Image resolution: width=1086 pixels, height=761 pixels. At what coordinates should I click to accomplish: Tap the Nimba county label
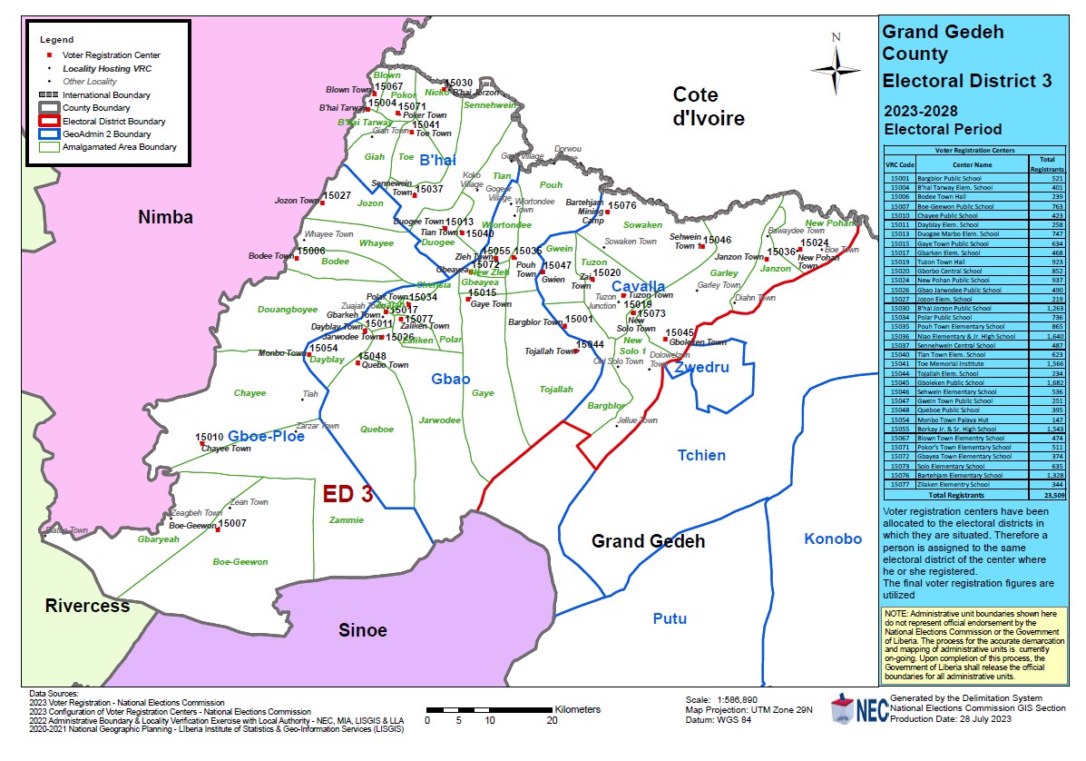tap(166, 217)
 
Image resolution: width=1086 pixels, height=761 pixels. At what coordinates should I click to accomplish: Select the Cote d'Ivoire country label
tap(708, 106)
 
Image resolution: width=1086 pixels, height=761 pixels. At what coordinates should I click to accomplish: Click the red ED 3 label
tap(348, 494)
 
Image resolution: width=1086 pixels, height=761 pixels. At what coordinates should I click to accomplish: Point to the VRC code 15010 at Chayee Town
tap(210, 437)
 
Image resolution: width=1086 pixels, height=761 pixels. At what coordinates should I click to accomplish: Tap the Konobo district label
tap(833, 539)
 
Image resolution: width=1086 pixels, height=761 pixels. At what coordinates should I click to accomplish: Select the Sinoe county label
tap(362, 630)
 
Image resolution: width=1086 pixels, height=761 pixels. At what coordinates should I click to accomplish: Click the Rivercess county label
tap(87, 605)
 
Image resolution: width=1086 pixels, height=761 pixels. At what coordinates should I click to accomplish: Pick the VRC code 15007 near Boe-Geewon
tap(233, 524)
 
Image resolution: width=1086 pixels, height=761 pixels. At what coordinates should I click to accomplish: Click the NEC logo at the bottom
tap(856, 710)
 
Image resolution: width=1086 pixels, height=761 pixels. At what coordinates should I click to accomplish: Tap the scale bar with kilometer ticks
tap(489, 709)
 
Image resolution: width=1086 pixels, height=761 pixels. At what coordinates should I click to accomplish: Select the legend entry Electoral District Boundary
tap(113, 121)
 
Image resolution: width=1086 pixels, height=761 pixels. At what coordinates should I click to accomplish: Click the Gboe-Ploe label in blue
tap(266, 436)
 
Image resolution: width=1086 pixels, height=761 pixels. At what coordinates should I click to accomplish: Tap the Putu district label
tap(670, 619)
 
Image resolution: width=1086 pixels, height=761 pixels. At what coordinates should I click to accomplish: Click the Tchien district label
tap(702, 455)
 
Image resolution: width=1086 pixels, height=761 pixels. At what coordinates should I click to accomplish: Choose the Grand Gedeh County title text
tap(943, 43)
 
